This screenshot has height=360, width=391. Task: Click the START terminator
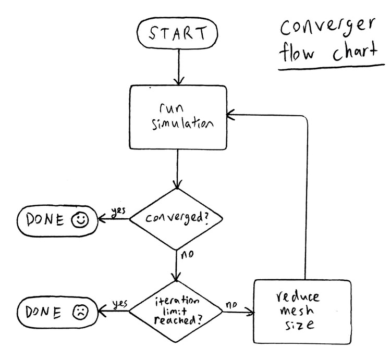177,33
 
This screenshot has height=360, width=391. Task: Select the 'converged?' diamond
176,219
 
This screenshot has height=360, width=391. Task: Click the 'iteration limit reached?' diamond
176,312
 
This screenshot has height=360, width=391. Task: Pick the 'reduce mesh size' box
302,312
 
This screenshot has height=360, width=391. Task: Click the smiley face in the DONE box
80,220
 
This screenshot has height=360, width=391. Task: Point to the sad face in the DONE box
80,312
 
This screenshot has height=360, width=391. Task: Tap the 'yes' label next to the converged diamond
118,212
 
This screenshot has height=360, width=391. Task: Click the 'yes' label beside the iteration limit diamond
120,304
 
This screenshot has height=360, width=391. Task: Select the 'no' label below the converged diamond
187,254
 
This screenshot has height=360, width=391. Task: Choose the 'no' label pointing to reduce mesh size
231,304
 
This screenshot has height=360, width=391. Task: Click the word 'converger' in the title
327,28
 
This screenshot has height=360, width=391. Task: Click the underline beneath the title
332,67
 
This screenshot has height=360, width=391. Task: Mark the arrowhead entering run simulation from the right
230,115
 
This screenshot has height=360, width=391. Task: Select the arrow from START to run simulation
179,67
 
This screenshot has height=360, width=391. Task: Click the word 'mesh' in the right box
297,310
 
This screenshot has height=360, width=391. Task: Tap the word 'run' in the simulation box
172,108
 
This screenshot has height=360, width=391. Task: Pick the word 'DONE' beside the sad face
43,312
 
